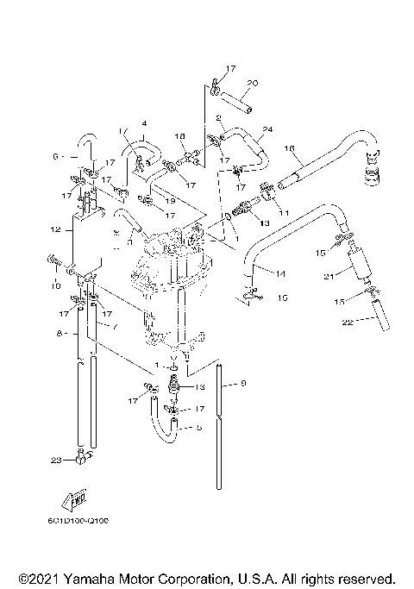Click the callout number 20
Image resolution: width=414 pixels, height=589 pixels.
[252, 84]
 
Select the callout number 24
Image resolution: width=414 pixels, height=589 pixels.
[267, 129]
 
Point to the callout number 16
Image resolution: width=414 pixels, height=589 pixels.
[289, 148]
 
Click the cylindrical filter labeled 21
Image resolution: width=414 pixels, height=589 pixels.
[357, 260]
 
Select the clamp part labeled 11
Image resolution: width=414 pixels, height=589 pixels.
[267, 185]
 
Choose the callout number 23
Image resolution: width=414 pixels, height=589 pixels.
[56, 461]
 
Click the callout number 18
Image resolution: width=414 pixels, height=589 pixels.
[180, 137]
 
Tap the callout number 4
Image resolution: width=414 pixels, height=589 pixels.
[144, 123]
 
